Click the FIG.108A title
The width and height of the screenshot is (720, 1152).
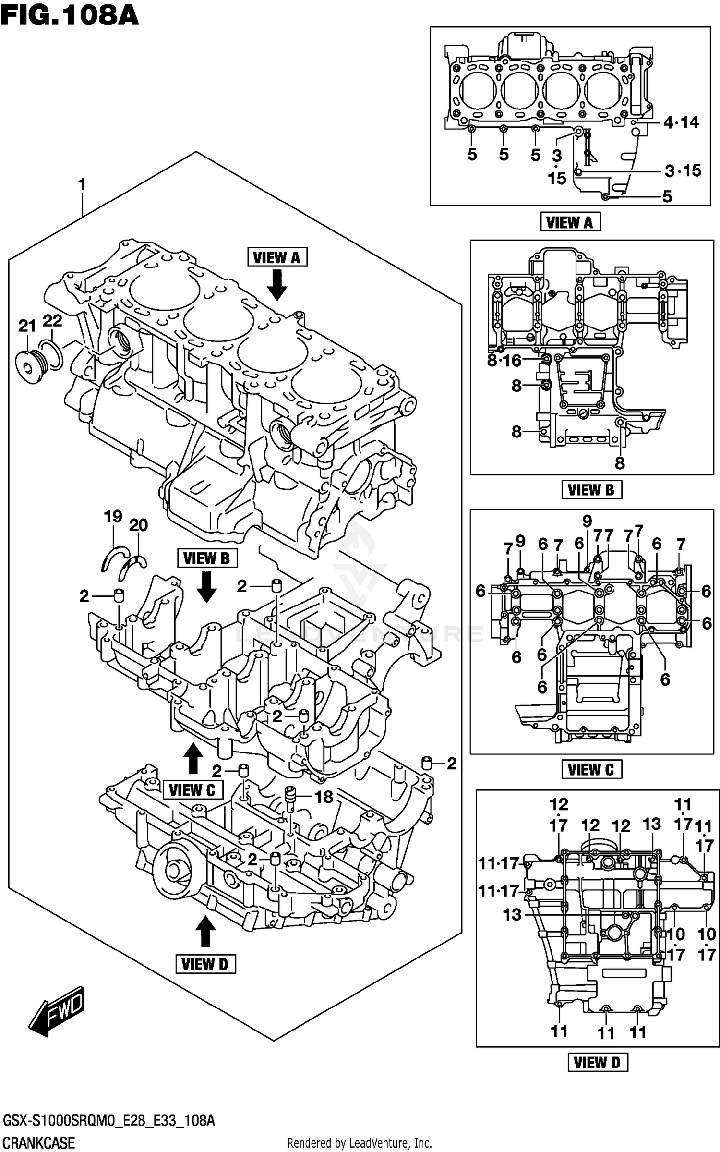(x=70, y=15)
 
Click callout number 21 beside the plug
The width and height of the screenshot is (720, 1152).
(x=27, y=326)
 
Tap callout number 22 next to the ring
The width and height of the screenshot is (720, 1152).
(x=52, y=320)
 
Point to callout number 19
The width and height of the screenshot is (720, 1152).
(x=113, y=517)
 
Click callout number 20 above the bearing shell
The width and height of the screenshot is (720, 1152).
(x=138, y=525)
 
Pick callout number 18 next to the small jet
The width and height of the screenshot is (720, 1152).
(x=324, y=797)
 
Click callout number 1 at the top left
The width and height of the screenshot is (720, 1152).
(x=82, y=184)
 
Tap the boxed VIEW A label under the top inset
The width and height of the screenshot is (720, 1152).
(x=570, y=222)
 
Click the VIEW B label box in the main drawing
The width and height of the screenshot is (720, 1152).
(x=207, y=558)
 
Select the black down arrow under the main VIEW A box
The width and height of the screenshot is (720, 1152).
(x=277, y=284)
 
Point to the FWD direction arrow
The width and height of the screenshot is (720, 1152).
(x=57, y=1010)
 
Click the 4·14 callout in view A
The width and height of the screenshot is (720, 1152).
(x=681, y=122)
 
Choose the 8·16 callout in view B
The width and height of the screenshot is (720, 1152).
(x=504, y=360)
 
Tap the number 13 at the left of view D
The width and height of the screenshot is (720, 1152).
(x=512, y=915)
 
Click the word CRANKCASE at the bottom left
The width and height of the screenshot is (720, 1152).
(x=39, y=1143)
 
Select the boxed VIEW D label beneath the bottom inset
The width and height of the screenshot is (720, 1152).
(x=597, y=1063)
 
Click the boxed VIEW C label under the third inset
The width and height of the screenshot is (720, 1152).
(x=591, y=769)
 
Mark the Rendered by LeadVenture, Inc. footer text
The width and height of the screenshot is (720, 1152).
(x=360, y=1143)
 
